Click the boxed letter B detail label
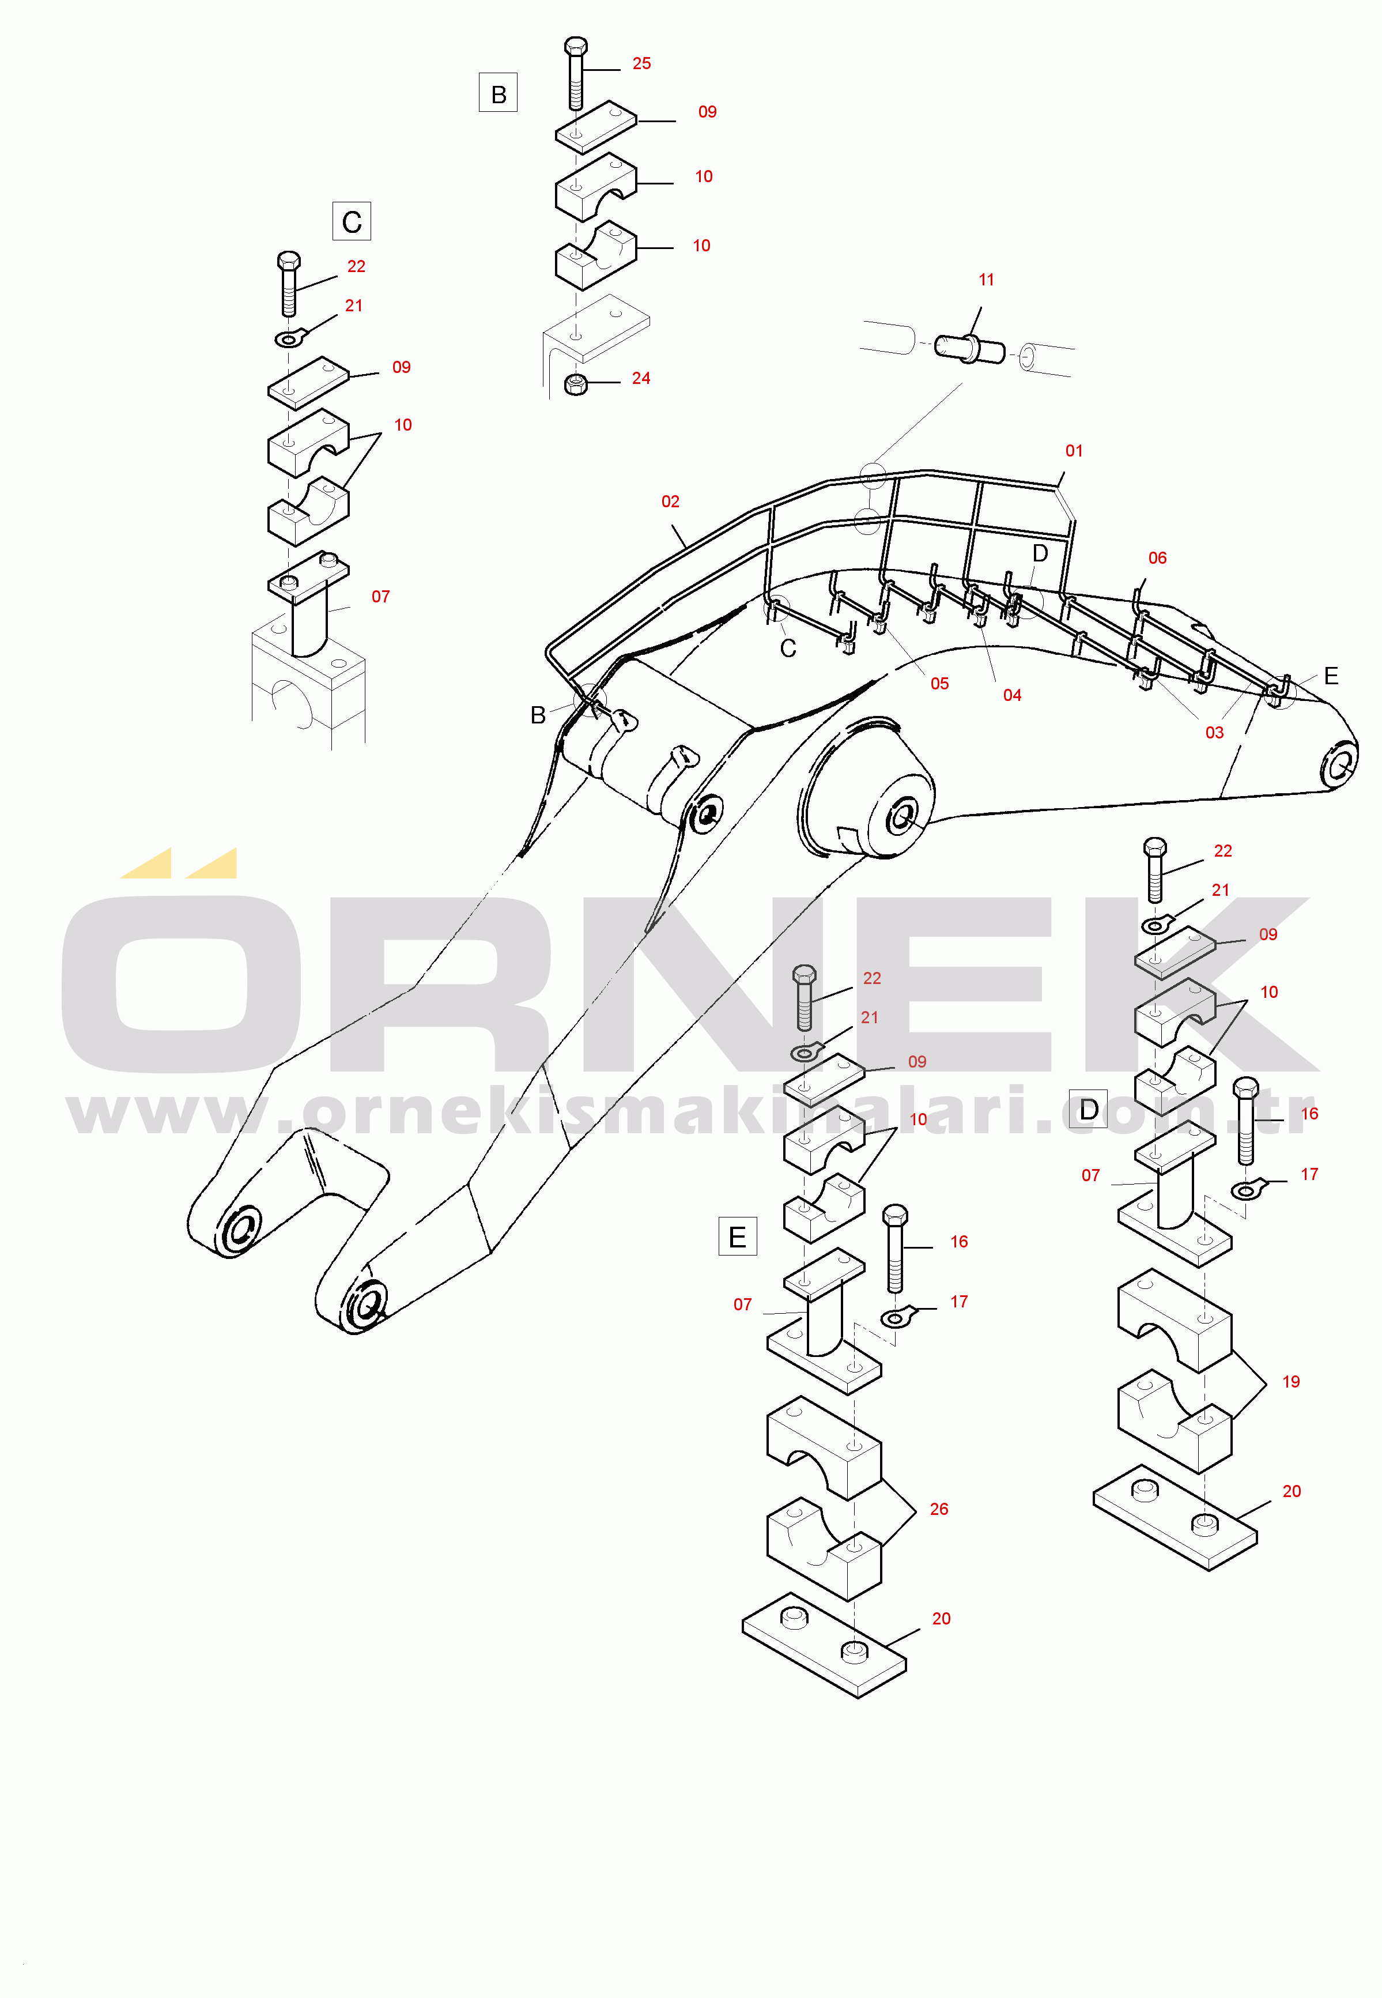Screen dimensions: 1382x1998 tap(498, 93)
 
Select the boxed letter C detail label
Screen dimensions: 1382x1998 tap(352, 221)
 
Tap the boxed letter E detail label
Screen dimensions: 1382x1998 tap(738, 1236)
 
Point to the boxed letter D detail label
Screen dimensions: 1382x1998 tap(1089, 1109)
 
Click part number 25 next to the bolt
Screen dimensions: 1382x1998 tap(641, 63)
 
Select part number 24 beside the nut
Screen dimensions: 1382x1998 tap(641, 379)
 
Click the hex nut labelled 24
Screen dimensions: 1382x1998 tap(576, 384)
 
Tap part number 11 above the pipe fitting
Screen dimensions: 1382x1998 tap(986, 280)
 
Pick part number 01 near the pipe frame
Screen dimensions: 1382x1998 tap(1074, 450)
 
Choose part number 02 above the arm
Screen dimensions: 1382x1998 tap(670, 502)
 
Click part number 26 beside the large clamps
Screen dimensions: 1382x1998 tap(939, 1509)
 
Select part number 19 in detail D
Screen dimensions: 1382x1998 tap(1290, 1381)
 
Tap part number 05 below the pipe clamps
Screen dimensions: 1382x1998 tap(939, 683)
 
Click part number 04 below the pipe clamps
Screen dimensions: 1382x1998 tap(1012, 695)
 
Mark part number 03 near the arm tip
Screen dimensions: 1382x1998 tap(1214, 733)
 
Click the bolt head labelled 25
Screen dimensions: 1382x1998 tap(576, 46)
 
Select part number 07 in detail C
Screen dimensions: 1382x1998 tap(380, 597)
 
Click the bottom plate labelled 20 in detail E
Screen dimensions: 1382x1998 tap(824, 1644)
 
